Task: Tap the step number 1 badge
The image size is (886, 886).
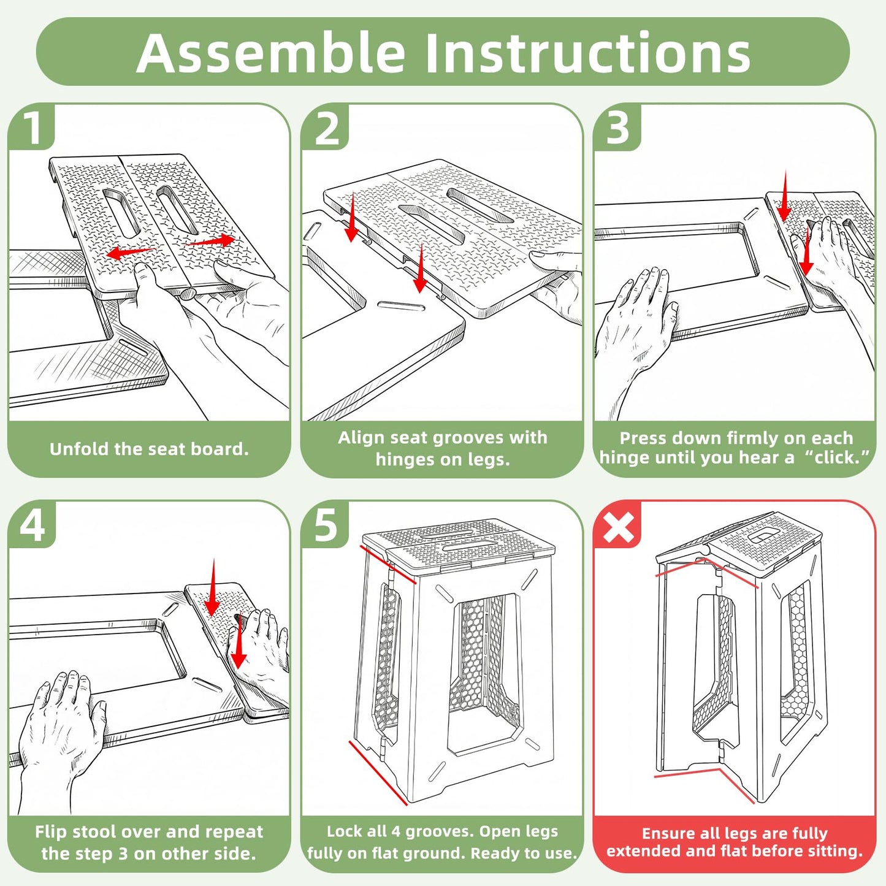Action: click(32, 128)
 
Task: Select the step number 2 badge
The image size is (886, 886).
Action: click(326, 128)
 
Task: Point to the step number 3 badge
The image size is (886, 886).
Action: click(617, 128)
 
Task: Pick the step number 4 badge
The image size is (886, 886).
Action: click(32, 525)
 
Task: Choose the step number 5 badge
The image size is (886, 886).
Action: click(326, 525)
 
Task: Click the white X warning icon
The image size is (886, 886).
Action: click(618, 525)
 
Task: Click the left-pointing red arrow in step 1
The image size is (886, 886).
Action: click(131, 251)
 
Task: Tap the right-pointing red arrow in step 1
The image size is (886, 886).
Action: click(210, 241)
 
